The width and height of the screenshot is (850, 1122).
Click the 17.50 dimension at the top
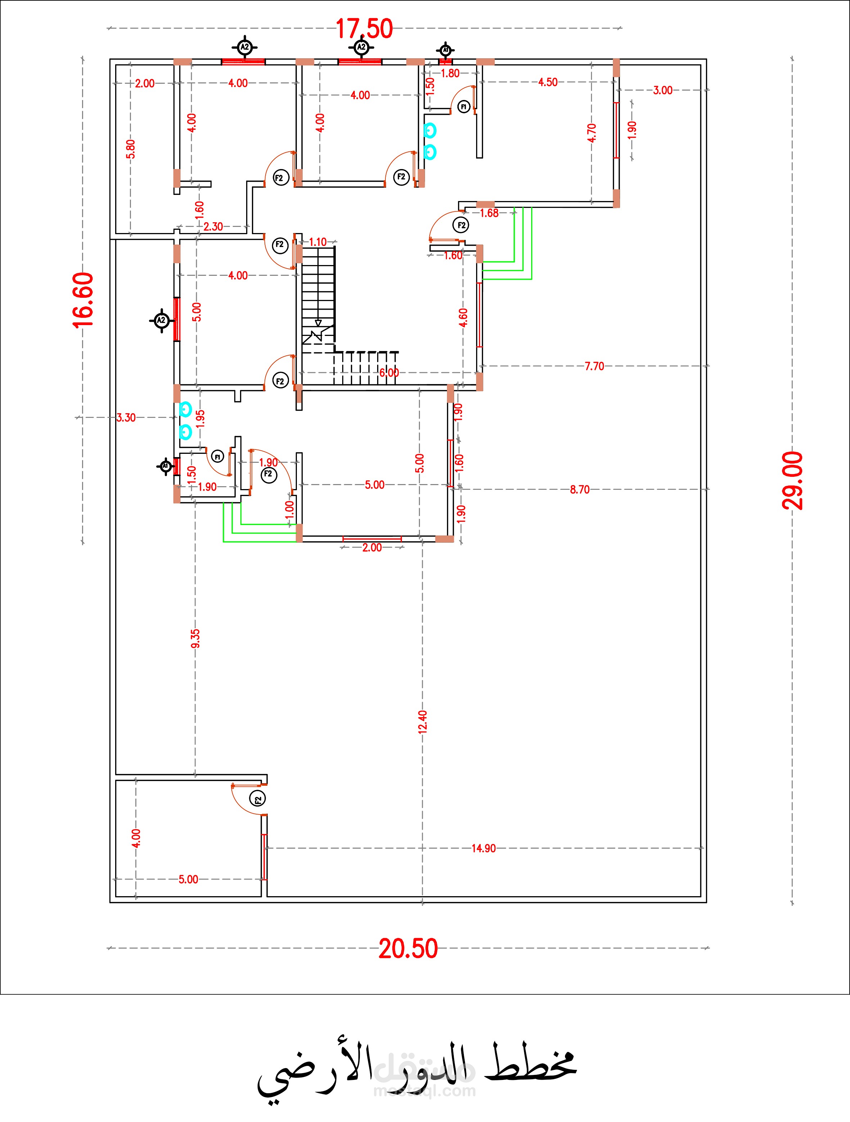coord(364,29)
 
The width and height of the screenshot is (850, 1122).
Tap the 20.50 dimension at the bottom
coord(408,948)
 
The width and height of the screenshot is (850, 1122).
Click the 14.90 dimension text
coord(484,848)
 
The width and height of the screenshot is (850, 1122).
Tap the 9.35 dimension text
coord(195,639)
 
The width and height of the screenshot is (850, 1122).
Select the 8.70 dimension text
coord(579,489)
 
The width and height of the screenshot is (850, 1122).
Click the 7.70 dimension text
coord(594,366)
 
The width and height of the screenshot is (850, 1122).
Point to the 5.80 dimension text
coord(131,149)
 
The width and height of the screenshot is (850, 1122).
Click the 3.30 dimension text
coord(126,418)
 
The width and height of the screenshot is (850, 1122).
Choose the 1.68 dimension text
coord(489,213)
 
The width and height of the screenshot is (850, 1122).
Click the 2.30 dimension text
coord(213,227)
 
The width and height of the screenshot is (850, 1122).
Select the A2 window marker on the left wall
coord(161,320)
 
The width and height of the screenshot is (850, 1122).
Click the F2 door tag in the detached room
coord(258,798)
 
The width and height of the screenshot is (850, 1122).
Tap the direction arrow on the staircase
coord(318,323)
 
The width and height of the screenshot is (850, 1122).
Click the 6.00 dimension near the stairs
coord(389,373)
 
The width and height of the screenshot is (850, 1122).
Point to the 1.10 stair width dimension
coord(318,242)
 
